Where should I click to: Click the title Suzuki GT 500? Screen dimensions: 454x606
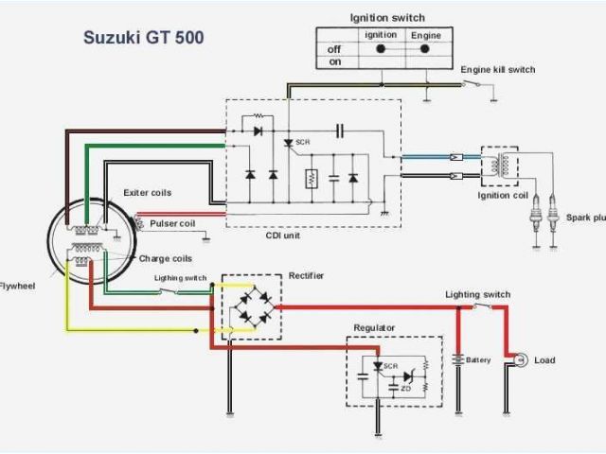(143, 39)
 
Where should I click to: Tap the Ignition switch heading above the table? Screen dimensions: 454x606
(387, 17)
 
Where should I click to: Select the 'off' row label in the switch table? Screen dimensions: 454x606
(334, 48)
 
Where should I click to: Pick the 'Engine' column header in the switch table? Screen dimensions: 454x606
(425, 35)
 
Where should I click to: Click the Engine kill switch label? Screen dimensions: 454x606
(498, 70)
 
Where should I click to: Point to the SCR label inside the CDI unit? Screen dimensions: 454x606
(303, 142)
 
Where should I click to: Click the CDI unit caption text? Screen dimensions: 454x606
(283, 236)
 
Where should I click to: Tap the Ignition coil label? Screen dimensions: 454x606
(503, 196)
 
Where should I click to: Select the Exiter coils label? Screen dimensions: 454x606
(148, 193)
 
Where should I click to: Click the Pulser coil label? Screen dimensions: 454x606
(172, 224)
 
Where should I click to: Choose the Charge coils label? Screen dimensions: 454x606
(166, 258)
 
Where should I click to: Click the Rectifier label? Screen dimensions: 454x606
(306, 275)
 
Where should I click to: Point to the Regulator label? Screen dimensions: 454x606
(374, 328)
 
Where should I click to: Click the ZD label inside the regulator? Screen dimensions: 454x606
(406, 389)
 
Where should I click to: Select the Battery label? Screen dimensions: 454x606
(478, 360)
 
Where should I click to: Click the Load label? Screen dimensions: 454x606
(544, 360)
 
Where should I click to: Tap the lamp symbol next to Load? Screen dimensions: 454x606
(519, 360)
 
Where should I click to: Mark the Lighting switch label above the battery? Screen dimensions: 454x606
(478, 295)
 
